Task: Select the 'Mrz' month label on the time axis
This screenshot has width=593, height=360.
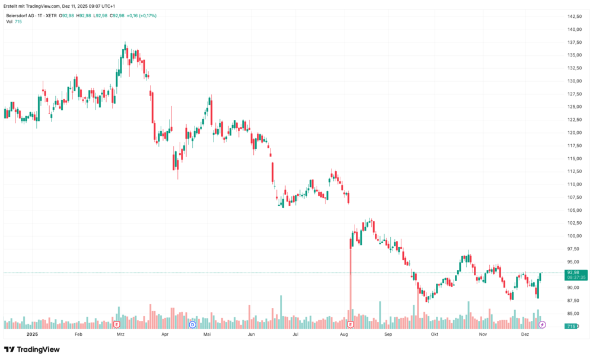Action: [120, 334]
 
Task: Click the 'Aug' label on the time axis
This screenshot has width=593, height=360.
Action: [343, 334]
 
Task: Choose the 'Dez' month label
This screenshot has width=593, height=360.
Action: [525, 334]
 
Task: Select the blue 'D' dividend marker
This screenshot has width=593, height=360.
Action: [192, 325]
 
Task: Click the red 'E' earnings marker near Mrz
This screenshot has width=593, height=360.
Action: [116, 325]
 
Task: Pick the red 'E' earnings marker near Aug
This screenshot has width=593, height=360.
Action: [350, 325]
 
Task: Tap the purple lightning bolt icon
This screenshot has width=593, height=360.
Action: [542, 325]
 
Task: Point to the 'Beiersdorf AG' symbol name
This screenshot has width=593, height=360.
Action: [21, 15]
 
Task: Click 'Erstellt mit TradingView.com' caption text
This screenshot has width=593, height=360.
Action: [32, 6]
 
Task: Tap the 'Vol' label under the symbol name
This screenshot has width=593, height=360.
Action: [9, 22]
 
